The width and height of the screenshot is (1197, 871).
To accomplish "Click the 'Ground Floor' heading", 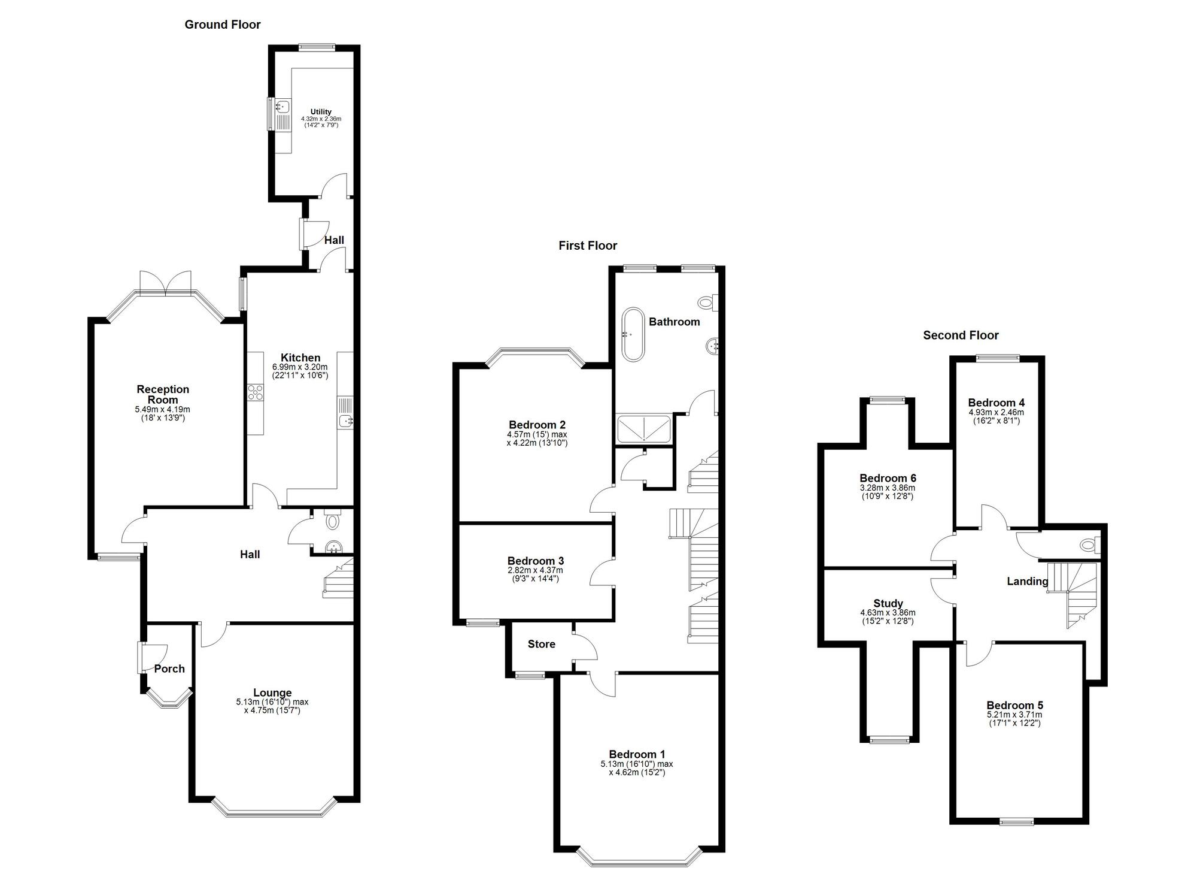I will (x=222, y=25).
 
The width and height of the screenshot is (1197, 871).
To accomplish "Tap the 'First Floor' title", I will (x=587, y=246).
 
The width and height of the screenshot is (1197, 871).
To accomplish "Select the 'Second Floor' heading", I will (x=961, y=335).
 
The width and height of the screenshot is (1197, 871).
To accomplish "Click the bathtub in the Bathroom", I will (x=633, y=334).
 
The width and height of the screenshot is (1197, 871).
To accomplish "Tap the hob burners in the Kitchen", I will (x=256, y=392).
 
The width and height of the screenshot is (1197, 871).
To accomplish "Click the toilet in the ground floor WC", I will (x=333, y=521).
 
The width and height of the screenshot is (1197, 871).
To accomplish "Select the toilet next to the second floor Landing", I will (x=1087, y=545).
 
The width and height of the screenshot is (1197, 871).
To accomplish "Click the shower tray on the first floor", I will (x=644, y=429).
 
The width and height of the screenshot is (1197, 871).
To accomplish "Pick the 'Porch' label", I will (x=169, y=669).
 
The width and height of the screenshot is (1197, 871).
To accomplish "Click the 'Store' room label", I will (x=541, y=645).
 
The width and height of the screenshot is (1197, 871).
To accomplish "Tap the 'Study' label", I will (x=888, y=604).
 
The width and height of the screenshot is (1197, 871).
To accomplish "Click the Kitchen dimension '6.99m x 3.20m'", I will (x=300, y=367).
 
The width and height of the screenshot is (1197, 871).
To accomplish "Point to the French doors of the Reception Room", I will (x=165, y=282).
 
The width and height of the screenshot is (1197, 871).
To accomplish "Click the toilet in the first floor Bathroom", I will (x=707, y=303).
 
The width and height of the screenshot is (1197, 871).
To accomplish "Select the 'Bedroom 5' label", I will (x=1014, y=706).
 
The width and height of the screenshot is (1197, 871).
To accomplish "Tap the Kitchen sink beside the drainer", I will (x=346, y=421).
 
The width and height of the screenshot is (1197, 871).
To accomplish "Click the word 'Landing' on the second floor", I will (x=1027, y=581).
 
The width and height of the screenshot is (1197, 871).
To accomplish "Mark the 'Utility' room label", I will (x=321, y=112).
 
